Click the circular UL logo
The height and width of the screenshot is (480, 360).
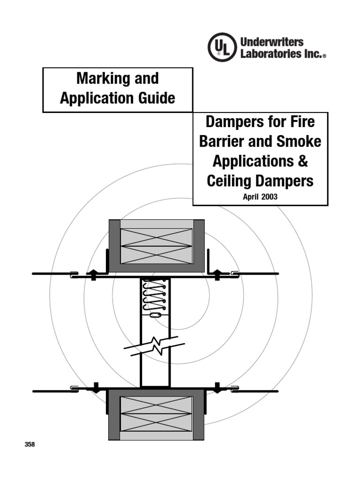coord(222,47)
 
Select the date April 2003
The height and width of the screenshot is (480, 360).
coord(260,197)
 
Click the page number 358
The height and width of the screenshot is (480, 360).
coord(30,444)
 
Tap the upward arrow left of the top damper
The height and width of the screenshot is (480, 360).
coord(93,274)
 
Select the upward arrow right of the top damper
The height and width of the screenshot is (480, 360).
coord(217,274)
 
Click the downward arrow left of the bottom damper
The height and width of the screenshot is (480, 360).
coord(95,388)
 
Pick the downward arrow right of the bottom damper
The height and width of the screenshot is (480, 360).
coord(217,388)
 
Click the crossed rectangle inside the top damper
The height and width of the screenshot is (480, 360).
coord(156,246)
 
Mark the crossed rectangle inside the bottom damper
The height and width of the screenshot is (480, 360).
coord(156,413)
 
